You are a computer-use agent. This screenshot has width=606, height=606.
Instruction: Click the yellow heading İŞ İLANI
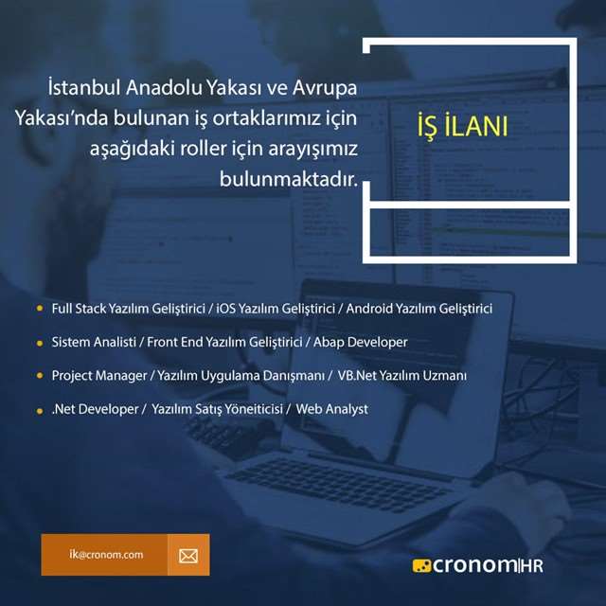click(x=462, y=127)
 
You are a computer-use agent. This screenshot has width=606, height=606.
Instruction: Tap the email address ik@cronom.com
click(x=106, y=555)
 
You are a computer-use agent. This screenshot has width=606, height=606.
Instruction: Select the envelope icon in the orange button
click(x=188, y=556)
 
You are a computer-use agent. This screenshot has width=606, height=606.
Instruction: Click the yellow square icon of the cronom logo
click(x=421, y=566)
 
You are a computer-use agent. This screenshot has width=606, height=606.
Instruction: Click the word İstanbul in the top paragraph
click(x=84, y=87)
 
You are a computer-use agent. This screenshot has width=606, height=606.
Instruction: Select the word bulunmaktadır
click(x=289, y=179)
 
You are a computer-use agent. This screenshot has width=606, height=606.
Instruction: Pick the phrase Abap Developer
click(x=360, y=342)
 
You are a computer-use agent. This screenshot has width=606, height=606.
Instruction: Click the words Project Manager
click(x=99, y=376)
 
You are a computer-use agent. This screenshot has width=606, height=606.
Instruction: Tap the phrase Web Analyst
click(x=332, y=409)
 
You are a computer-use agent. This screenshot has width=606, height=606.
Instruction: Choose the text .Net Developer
click(x=95, y=409)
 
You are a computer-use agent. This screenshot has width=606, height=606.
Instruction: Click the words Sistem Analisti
click(x=94, y=342)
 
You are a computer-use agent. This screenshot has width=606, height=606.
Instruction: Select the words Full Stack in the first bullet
click(x=79, y=309)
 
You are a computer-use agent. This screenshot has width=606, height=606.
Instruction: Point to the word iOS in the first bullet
click(x=225, y=309)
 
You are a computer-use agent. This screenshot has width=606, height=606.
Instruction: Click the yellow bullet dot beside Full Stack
click(x=40, y=309)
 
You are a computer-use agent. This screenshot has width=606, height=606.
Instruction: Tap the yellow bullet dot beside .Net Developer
click(x=40, y=411)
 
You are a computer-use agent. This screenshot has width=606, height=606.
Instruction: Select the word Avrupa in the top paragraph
click(x=325, y=88)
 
